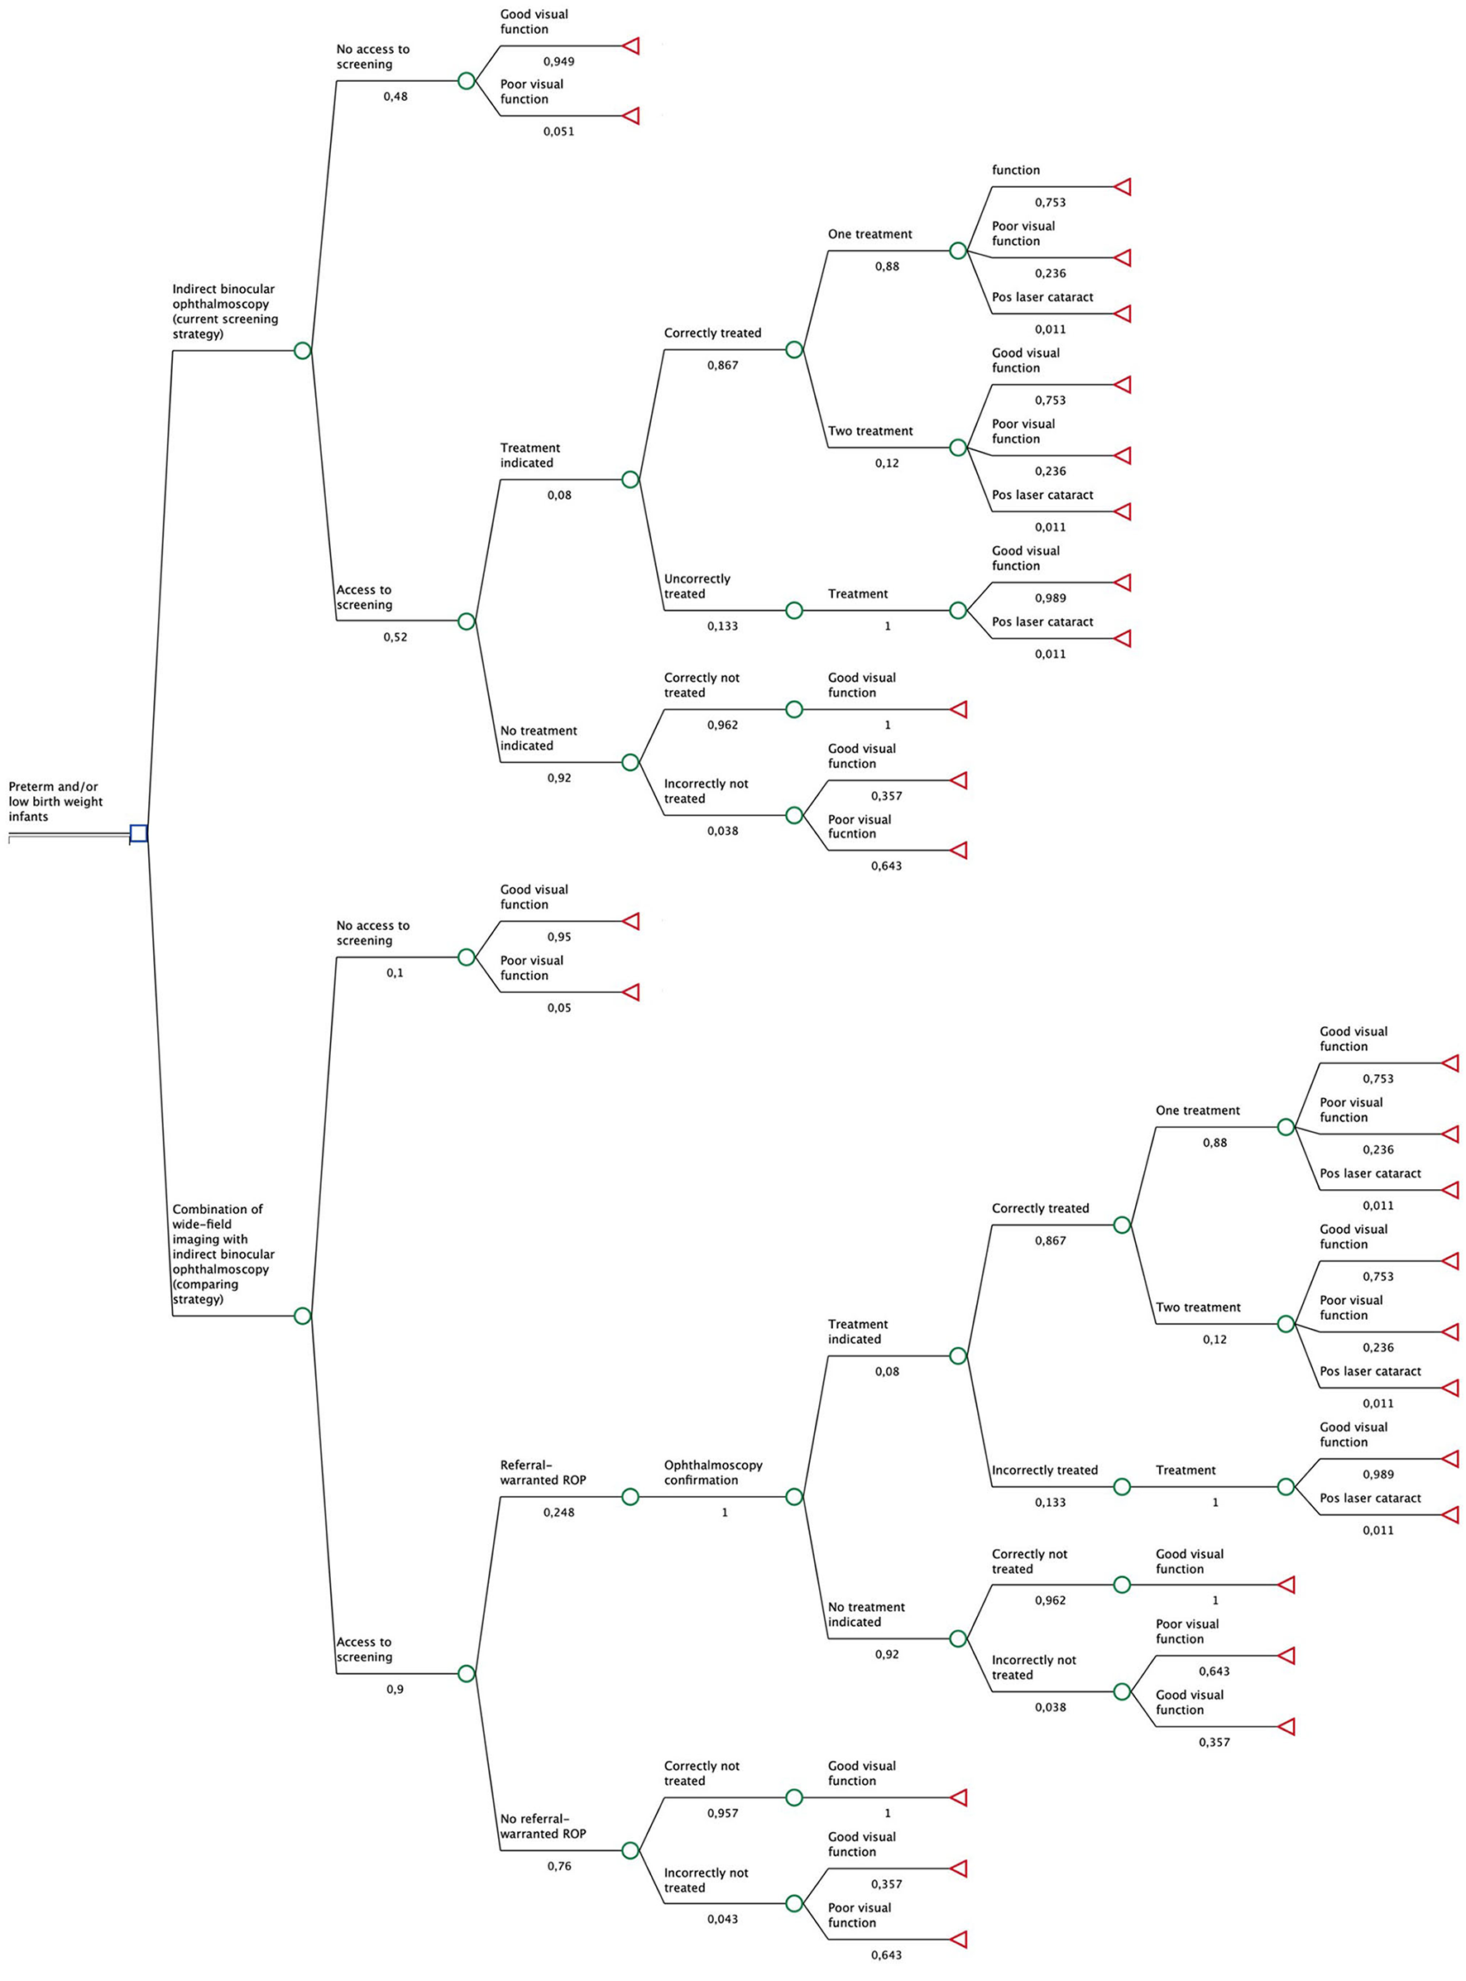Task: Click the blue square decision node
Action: (x=138, y=832)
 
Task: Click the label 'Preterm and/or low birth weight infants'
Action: (x=55, y=802)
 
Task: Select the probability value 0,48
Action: (x=395, y=97)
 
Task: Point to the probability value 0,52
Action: (x=395, y=637)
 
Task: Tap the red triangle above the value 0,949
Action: (x=630, y=46)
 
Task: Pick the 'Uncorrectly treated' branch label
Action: (x=697, y=587)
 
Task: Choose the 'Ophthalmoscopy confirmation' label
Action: (x=713, y=1472)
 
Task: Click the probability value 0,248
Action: (x=559, y=1513)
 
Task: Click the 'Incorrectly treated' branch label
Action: (x=1044, y=1470)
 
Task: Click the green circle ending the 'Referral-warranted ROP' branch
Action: (x=630, y=1497)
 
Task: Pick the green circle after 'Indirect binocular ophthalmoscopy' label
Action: (x=303, y=351)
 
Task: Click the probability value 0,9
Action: (x=395, y=1689)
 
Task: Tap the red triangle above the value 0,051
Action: (x=630, y=115)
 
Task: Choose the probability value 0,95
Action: (x=559, y=938)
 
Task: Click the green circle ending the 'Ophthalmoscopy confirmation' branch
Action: (x=794, y=1497)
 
